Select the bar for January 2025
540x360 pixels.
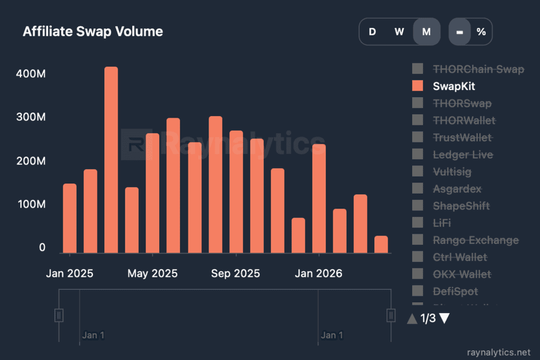tap(70, 218)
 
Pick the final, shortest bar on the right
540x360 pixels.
tap(381, 244)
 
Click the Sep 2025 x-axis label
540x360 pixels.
tap(235, 274)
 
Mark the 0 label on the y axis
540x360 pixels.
tap(42, 248)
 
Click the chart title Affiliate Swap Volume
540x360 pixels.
tap(93, 32)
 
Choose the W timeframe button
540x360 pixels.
tap(399, 32)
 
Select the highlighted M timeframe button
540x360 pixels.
tap(426, 32)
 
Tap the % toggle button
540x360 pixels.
tap(481, 32)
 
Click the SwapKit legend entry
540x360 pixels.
tap(454, 86)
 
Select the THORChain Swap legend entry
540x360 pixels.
tap(478, 69)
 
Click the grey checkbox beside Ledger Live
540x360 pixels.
tap(418, 154)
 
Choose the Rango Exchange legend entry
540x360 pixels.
tap(476, 240)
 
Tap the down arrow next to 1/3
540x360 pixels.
tap(444, 318)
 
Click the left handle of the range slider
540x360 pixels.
tap(59, 315)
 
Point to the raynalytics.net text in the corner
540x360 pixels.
tap(498, 352)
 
